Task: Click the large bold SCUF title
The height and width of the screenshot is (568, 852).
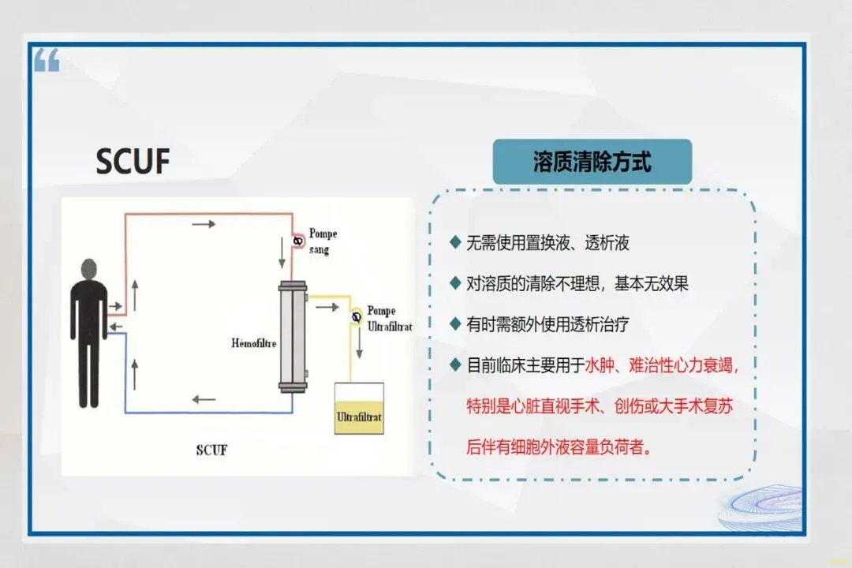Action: (133, 161)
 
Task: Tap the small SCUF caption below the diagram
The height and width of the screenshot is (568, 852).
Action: (211, 450)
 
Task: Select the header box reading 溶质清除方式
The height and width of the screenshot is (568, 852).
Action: (592, 163)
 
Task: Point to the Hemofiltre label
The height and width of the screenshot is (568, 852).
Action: (254, 344)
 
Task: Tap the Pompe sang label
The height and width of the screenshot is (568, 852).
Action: (323, 241)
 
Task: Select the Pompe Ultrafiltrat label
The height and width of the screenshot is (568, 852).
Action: (389, 317)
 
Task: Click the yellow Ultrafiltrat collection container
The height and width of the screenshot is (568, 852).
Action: (359, 409)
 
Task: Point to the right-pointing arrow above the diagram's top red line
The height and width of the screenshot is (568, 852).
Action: (204, 224)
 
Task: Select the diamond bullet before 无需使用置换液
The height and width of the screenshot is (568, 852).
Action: (454, 242)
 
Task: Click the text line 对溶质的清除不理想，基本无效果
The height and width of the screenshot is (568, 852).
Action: (577, 283)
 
